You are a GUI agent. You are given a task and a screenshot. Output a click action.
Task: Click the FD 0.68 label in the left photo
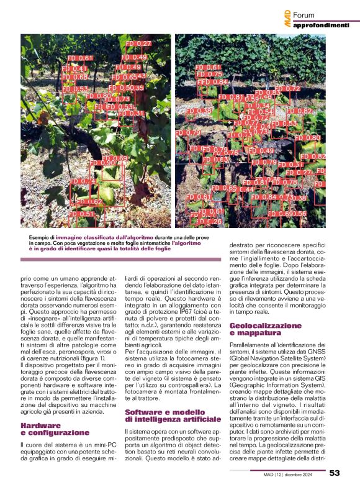pos(75,77)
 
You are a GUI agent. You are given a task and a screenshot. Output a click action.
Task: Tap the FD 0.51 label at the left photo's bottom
pos(82,214)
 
